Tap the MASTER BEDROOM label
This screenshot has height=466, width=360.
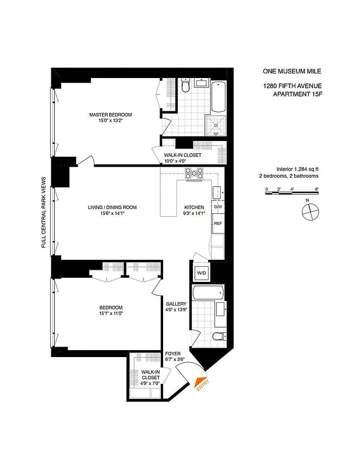coord(111,115)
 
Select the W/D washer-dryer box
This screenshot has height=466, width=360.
coord(200,272)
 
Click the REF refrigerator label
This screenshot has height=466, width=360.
coord(217,224)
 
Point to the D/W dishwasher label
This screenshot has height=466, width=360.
coord(218,207)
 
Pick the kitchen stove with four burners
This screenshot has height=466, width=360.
coord(194,173)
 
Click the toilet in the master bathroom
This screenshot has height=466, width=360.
coord(185,86)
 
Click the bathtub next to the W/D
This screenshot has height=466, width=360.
coord(207,293)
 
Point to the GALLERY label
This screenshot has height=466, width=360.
coord(176,304)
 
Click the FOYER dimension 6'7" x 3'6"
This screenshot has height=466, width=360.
coord(174,359)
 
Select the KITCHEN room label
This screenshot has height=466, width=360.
coord(194,207)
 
